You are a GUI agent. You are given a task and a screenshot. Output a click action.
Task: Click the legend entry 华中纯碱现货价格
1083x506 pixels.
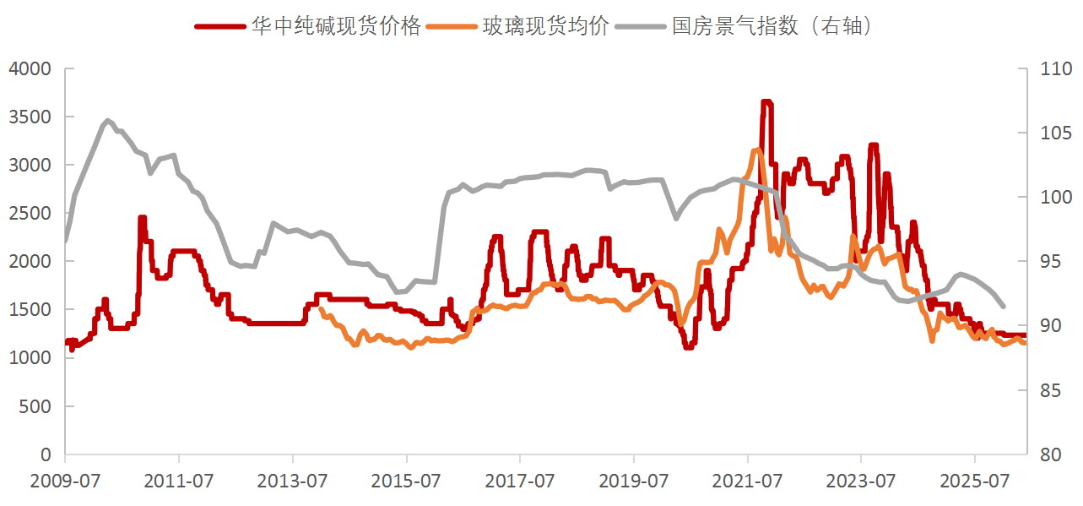pos(307,25)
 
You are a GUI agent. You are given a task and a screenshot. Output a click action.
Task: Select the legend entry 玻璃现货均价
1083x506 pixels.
pos(517,25)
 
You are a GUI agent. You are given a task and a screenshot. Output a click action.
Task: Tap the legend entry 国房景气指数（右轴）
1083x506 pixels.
pos(745,25)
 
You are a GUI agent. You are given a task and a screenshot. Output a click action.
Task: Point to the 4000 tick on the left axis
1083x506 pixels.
pos(30,68)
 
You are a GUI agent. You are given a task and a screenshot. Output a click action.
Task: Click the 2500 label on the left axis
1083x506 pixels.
pos(30,213)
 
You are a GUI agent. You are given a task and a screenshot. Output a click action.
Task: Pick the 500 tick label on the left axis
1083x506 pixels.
pos(35,406)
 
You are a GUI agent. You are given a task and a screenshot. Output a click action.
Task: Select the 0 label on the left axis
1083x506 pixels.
pos(46,454)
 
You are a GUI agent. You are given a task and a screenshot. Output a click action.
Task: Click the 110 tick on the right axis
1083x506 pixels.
pos(1056,68)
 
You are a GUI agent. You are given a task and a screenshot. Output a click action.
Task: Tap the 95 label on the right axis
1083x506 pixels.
pos(1051,261)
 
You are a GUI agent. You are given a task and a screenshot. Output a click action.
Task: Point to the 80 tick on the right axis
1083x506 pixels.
pos(1051,454)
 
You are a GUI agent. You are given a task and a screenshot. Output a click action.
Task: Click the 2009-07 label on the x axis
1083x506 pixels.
pos(65,481)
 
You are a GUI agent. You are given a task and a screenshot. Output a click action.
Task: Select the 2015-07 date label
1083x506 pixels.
pos(406,481)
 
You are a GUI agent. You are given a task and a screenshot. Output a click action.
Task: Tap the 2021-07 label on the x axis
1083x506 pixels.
pos(747,481)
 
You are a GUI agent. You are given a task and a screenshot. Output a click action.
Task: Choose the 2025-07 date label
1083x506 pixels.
pos(975,481)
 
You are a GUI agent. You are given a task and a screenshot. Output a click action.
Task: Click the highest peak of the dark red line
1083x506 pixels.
pos(766,101)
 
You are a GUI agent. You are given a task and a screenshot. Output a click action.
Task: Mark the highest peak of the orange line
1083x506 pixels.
pos(756,150)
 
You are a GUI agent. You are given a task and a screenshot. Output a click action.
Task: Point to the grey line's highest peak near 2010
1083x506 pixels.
pos(107,120)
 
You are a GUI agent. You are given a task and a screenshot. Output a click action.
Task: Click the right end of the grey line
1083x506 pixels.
pos(1004,307)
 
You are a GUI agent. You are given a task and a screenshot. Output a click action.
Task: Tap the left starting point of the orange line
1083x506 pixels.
pos(321,308)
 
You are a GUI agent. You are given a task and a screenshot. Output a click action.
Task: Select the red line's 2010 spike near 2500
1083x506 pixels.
pos(142,218)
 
